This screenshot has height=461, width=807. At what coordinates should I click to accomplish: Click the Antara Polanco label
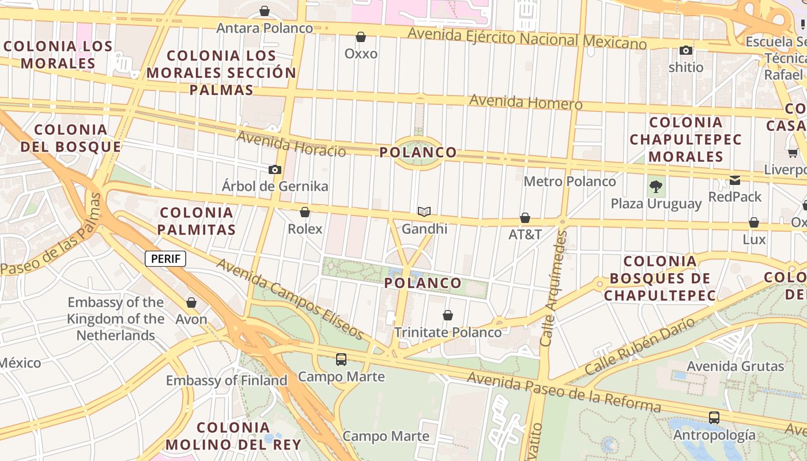265,28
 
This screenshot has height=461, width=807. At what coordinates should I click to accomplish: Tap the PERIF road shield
165,259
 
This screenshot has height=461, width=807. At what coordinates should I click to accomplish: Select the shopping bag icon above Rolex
305,213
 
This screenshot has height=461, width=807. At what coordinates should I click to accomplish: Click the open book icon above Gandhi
424,212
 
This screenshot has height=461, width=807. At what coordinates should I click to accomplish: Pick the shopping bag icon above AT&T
525,218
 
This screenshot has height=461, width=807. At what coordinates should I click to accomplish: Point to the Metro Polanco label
570,182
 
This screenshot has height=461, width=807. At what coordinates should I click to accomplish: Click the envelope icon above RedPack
735,180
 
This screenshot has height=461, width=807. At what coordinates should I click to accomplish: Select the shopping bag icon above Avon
191,303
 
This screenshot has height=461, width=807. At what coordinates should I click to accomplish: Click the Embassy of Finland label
227,380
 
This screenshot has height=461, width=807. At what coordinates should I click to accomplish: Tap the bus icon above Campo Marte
341,360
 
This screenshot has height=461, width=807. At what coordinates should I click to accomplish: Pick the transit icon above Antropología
714,418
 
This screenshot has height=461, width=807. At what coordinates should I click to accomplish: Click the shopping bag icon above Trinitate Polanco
448,315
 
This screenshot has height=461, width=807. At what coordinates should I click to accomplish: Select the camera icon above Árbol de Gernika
275,169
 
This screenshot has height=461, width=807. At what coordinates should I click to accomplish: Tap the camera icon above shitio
686,51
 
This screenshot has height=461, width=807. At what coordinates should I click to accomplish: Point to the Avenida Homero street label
526,102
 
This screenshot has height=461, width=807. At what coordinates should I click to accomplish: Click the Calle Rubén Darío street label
640,346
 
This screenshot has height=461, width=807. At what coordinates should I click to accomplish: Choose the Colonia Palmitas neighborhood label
197,221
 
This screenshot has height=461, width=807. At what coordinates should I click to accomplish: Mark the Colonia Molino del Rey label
233,436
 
